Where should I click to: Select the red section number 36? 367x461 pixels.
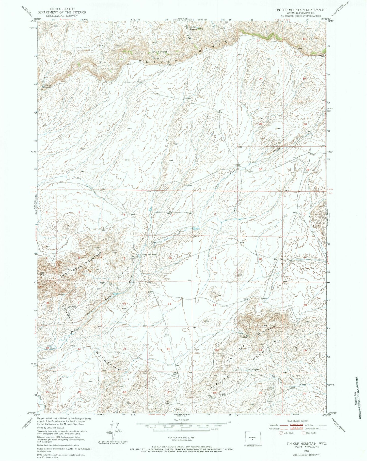tap(260, 169)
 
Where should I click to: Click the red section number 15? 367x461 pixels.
tap(170, 304)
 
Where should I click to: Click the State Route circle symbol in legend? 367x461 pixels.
tap(303, 433)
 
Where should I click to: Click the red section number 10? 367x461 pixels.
tap(170, 258)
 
